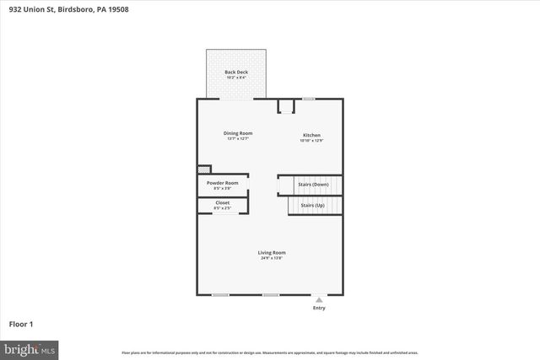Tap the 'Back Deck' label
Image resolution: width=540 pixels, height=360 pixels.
pyautogui.click(x=236, y=73)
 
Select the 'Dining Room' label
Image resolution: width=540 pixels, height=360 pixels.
pyautogui.click(x=238, y=133)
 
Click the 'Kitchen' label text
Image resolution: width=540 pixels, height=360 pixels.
pyautogui.click(x=311, y=135)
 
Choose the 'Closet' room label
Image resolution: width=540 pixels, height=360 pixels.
pyautogui.click(x=223, y=202)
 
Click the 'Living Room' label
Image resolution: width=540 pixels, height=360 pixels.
pyautogui.click(x=272, y=252)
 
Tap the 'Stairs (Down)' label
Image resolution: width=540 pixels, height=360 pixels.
pyautogui.click(x=313, y=185)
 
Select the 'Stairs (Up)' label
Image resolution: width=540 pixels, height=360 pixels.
pyautogui.click(x=313, y=205)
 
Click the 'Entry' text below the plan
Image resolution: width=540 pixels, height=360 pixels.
pyautogui.click(x=319, y=308)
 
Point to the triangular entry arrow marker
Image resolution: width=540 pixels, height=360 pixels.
pyautogui.click(x=319, y=299)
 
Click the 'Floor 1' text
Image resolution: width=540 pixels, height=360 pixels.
pyautogui.click(x=20, y=324)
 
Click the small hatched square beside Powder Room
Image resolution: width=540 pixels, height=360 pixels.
pyautogui.click(x=202, y=169)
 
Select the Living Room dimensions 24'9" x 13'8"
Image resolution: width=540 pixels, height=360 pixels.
pyautogui.click(x=272, y=258)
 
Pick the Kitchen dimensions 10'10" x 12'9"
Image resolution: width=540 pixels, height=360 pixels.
pyautogui.click(x=311, y=141)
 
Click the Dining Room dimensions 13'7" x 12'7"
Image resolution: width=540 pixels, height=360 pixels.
pyautogui.click(x=238, y=139)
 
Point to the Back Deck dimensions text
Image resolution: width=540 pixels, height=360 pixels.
pyautogui.click(x=236, y=78)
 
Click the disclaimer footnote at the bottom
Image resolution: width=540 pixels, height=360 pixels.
pyautogui.click(x=270, y=352)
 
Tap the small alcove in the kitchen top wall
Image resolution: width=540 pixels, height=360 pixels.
pyautogui.click(x=287, y=106)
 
